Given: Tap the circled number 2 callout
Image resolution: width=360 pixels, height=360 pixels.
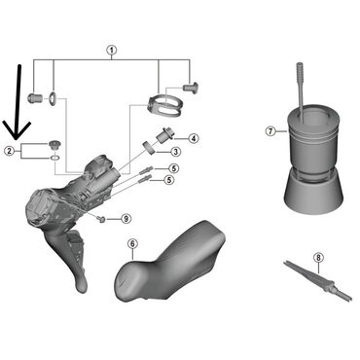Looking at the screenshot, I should point(9,151).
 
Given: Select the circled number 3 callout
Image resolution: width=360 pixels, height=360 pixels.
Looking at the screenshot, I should point(175,152).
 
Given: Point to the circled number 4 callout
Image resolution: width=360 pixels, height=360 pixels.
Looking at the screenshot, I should point(194,138).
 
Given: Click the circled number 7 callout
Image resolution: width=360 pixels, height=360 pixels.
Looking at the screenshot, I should point(270,129).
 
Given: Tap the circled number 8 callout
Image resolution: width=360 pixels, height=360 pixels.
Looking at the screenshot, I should point(318,257).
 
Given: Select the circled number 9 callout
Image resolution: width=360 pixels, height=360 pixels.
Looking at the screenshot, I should point(126,217).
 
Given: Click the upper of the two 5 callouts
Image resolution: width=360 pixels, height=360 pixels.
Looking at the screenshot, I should point(169,169).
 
